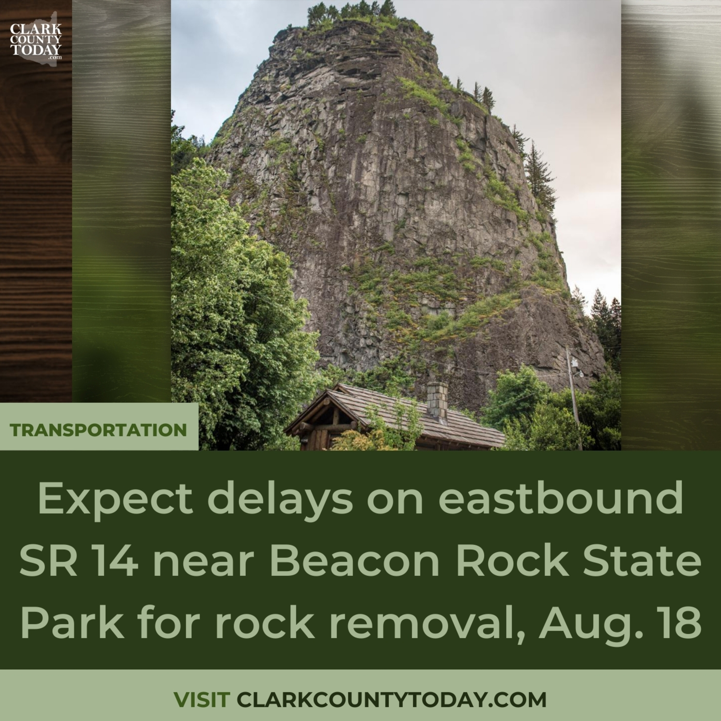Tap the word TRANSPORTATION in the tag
coord(98,430)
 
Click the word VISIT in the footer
coord(202,700)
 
